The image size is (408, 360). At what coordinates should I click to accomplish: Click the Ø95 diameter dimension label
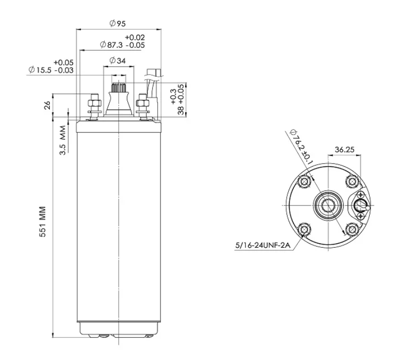click(118, 24)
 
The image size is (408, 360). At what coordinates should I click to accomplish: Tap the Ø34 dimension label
click(118, 61)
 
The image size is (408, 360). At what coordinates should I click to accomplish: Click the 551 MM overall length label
click(42, 222)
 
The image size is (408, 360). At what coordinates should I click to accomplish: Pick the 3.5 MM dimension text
click(63, 140)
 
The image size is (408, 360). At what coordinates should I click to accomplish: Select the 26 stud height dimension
click(47, 105)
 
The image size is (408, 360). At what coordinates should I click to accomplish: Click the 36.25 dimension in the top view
click(345, 150)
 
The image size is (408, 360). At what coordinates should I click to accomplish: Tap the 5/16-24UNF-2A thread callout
click(263, 245)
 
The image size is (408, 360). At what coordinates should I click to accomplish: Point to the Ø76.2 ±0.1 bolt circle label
click(301, 147)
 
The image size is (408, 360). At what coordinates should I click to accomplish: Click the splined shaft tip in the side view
click(119, 87)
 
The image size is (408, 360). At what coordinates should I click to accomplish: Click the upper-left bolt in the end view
click(304, 181)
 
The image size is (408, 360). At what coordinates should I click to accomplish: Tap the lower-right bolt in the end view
click(352, 230)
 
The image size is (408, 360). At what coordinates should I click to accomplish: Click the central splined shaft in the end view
click(329, 205)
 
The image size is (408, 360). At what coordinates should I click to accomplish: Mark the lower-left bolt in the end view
click(304, 230)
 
